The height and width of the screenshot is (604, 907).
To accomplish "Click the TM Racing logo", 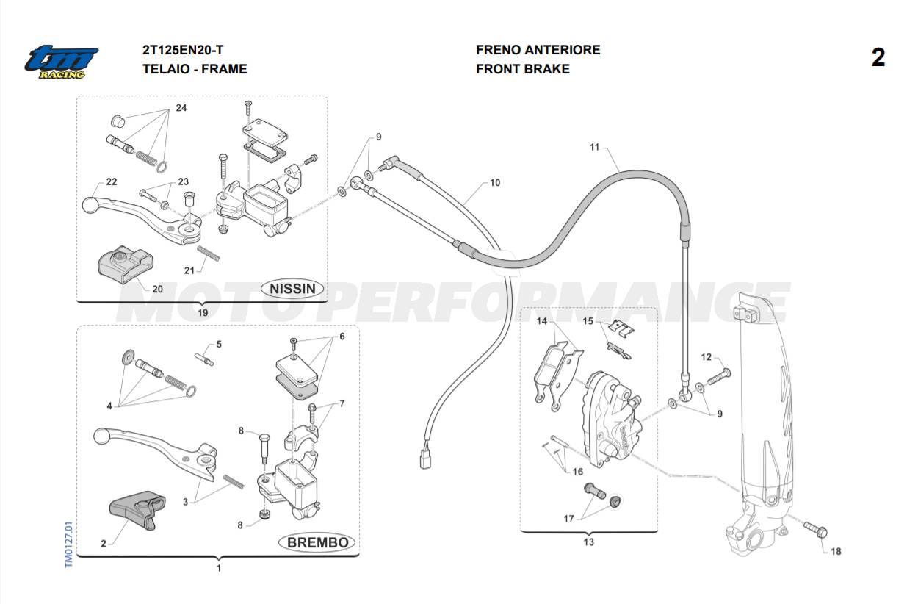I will [x=61, y=62].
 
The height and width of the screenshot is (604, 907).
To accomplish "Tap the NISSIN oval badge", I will [x=293, y=288].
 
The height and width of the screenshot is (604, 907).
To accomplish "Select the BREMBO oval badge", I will [x=317, y=542].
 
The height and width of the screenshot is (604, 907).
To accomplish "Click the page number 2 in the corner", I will [x=878, y=58].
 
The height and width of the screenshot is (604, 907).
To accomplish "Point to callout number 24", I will [x=181, y=108].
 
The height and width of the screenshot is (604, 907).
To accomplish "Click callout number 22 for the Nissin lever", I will [x=112, y=181].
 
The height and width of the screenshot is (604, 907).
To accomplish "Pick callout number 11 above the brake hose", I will [x=594, y=147].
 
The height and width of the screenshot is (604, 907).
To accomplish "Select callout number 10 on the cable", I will [x=494, y=182].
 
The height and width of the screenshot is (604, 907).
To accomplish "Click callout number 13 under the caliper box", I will [x=588, y=542].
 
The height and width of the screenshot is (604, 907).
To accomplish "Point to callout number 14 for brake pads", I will [x=542, y=321].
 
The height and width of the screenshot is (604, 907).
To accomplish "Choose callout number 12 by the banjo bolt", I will [x=706, y=357].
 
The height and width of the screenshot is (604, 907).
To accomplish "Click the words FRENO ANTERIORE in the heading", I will [x=538, y=50].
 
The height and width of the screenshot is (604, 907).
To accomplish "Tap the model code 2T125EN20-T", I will [x=183, y=50].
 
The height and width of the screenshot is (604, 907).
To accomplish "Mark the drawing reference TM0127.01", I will [x=68, y=544].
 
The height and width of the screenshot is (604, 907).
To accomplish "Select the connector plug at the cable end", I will [x=424, y=460].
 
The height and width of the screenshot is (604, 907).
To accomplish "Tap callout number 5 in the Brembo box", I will [x=218, y=344].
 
